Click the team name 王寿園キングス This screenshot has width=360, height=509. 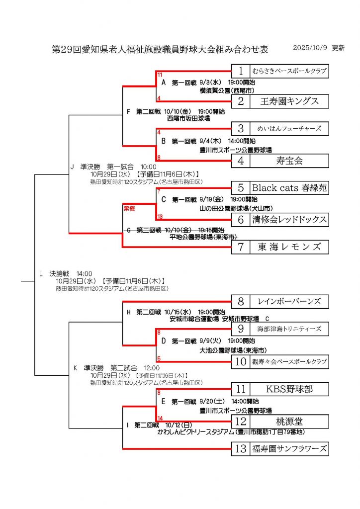coord(289,102)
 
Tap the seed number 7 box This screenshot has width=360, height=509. coord(241,247)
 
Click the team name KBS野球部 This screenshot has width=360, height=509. coord(289,389)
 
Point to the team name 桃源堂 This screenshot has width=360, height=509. coord(289,422)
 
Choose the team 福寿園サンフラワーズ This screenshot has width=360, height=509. coord(289,449)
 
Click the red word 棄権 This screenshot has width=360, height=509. coord(129,209)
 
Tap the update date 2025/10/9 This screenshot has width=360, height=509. coord(309,48)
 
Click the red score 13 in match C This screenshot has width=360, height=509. coord(160,216)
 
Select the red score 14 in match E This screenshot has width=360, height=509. coord(160,418)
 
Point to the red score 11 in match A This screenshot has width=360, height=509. coord(160,75)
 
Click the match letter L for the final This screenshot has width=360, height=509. coord(41,273)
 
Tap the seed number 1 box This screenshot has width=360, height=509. coord(241,71)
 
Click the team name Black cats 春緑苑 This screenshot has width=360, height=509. coord(289,188)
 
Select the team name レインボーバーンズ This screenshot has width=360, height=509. coord(289,301)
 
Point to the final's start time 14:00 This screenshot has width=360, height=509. coord(84,273)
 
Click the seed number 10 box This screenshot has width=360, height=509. coord(241,361)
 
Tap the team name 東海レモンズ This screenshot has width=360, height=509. coord(289,247)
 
